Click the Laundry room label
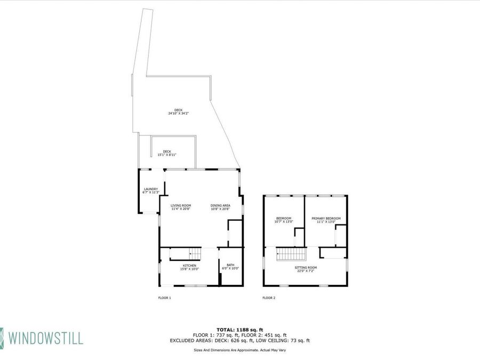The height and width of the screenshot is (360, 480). (151, 189)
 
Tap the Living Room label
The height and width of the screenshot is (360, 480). (181, 205)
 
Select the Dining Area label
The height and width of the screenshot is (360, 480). (220, 205)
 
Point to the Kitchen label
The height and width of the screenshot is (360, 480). (190, 266)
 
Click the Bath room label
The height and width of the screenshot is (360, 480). (230, 265)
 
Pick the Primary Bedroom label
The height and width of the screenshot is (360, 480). (326, 218)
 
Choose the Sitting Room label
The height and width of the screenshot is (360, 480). (306, 267)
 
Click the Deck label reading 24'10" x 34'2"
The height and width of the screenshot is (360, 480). (178, 110)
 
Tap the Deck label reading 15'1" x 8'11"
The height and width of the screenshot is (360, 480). (167, 151)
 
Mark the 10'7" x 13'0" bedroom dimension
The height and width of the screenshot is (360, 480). (284, 221)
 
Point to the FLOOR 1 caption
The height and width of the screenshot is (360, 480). (164, 298)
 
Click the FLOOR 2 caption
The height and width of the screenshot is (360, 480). (269, 298)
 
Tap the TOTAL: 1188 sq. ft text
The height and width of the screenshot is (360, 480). (239, 329)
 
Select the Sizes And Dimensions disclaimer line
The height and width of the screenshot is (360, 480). (239, 350)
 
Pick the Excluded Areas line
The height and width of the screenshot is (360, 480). (239, 340)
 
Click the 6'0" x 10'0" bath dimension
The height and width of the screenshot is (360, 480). (230, 268)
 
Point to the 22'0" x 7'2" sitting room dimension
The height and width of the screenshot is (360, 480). (306, 271)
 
